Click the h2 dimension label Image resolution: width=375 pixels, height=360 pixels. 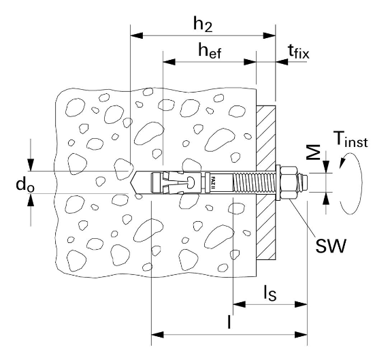(203, 24)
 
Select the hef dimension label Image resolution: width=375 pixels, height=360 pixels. (210, 51)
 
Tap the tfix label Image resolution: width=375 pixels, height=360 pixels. (299, 52)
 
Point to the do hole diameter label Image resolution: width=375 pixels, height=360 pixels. (25, 185)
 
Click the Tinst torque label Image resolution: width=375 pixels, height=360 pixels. (351, 140)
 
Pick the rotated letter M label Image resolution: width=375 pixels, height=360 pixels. (314, 152)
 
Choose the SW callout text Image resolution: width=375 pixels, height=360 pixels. (331, 246)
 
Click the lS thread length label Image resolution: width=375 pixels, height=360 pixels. (270, 293)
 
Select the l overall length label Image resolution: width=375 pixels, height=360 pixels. (229, 322)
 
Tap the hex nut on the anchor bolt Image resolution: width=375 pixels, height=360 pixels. (289, 182)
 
